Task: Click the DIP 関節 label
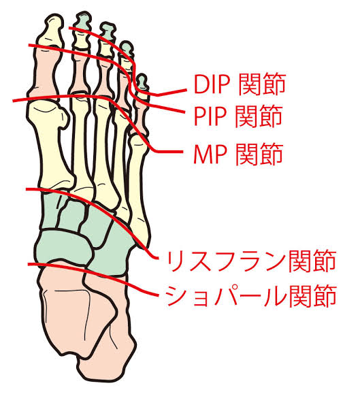coord(240,84)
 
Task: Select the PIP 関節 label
coord(238,116)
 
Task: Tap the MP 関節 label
coord(238,154)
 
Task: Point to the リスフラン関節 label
coord(251,261)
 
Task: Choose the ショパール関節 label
coord(251,296)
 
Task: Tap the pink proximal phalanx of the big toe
coord(45,72)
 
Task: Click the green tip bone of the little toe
coord(142,81)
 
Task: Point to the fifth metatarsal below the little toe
coord(138,191)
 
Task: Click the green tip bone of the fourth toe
coord(127,48)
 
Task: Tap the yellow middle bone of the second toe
coord(81,40)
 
